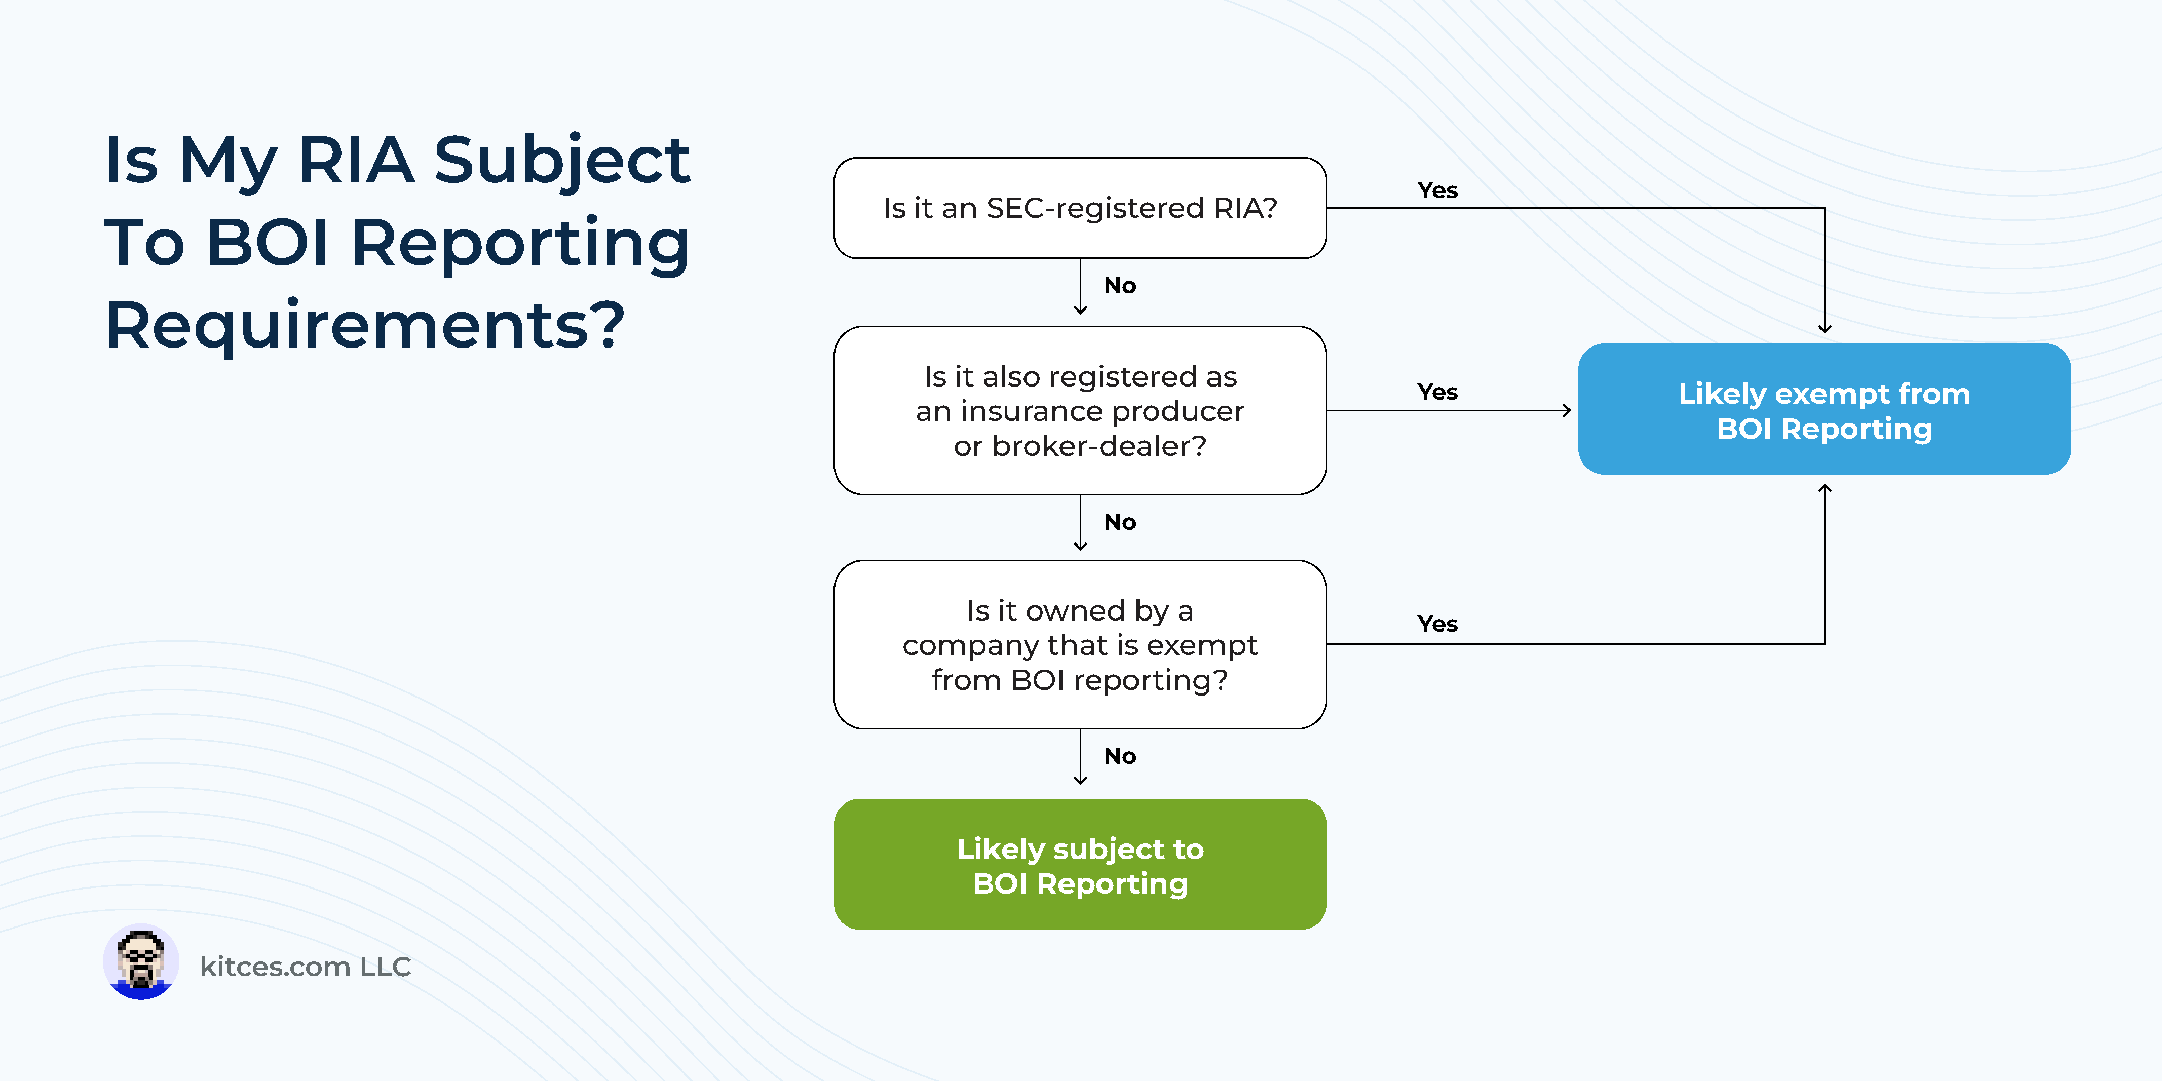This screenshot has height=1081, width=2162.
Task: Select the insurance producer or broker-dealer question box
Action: pyautogui.click(x=1080, y=410)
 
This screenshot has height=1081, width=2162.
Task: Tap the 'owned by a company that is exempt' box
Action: pyautogui.click(x=1080, y=644)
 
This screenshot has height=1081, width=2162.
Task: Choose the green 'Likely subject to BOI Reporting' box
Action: pyautogui.click(x=1080, y=865)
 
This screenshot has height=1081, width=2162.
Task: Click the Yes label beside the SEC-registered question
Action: pyautogui.click(x=1437, y=190)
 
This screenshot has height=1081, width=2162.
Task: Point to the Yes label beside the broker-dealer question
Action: pyautogui.click(x=1437, y=392)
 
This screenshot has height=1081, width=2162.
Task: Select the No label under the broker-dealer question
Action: pyautogui.click(x=1120, y=523)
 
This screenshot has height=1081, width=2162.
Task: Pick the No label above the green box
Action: pyautogui.click(x=1120, y=757)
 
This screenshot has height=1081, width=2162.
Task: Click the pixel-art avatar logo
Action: pyautogui.click(x=141, y=962)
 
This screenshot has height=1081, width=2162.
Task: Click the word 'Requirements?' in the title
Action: pyautogui.click(x=365, y=326)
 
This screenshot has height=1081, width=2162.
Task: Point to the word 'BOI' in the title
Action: pyautogui.click(x=267, y=243)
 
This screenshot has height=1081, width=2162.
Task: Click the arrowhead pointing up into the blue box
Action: pyautogui.click(x=1825, y=488)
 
